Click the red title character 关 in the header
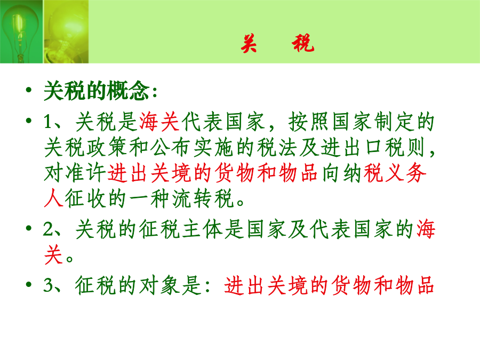[249, 43]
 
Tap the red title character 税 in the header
[303, 43]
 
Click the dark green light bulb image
[21, 31]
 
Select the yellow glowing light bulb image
[66, 31]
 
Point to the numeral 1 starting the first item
[48, 122]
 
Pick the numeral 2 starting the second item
[49, 229]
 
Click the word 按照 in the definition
[309, 122]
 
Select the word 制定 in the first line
[394, 122]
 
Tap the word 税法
[278, 148]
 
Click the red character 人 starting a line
[53, 199]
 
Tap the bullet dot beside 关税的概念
[29, 90]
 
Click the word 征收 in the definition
[85, 199]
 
